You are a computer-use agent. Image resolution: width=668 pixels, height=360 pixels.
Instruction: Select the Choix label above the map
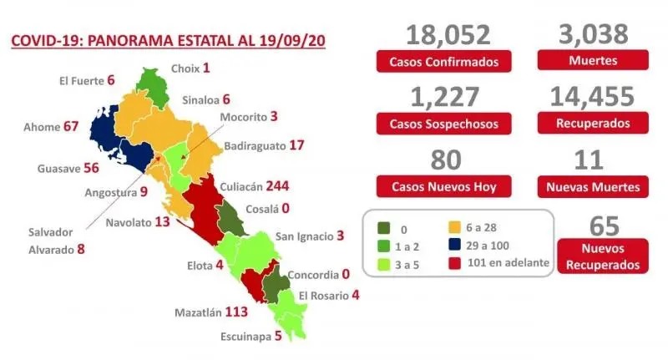184,68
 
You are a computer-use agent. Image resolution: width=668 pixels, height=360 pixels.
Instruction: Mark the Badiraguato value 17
296,145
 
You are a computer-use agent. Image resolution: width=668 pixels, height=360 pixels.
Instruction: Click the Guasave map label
58,168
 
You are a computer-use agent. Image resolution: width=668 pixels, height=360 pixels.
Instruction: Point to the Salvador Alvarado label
47,240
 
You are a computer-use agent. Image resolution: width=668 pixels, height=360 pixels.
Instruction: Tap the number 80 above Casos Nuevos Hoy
443,159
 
